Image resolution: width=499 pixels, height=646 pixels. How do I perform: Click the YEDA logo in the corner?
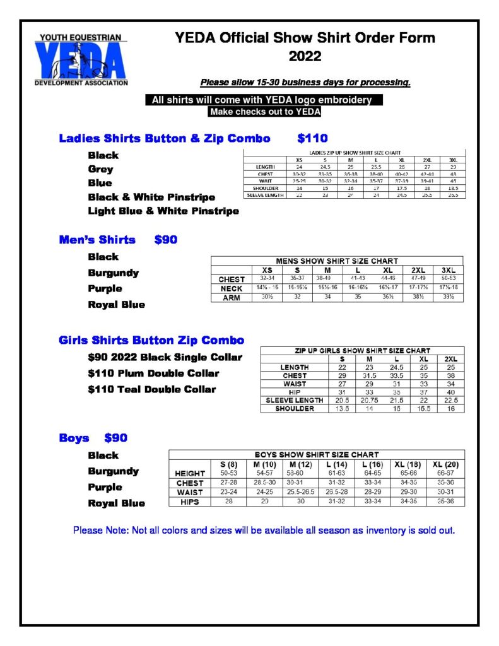tap(81, 60)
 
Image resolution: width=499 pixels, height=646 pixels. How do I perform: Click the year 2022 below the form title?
tap(305, 57)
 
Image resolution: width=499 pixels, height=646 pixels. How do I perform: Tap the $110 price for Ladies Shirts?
tap(312, 138)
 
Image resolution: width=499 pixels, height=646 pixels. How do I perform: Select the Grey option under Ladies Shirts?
tap(101, 169)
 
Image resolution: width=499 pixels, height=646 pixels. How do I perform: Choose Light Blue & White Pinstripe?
tap(163, 211)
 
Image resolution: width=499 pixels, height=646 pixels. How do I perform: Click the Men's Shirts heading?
tap(97, 240)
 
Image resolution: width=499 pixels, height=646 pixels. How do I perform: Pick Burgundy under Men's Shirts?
tap(114, 273)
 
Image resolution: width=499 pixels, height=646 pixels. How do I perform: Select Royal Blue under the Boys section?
tap(117, 503)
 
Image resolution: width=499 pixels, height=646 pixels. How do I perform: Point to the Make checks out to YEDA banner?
tap(265, 112)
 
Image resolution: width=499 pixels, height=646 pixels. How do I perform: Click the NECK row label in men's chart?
tap(232, 288)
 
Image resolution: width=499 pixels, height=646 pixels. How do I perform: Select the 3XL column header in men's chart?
tap(448, 269)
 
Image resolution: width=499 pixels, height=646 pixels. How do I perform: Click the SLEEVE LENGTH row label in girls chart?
tap(295, 400)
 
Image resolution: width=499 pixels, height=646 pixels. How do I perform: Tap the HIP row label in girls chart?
tap(295, 392)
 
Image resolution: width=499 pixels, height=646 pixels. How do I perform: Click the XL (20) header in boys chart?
tap(445, 464)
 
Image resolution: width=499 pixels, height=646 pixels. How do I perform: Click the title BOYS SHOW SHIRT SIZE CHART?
tap(317, 454)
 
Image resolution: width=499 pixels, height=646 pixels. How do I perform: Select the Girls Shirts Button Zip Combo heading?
tap(151, 341)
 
